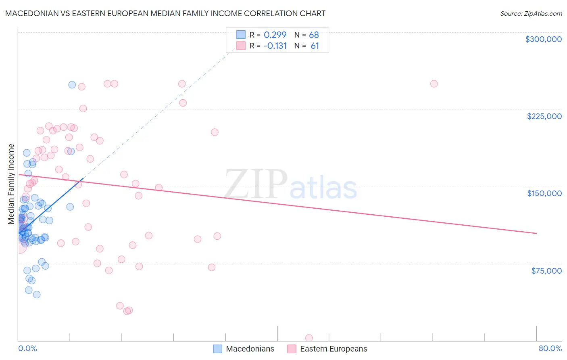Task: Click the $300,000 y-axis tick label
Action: [x=543, y=39]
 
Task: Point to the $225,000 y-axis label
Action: [x=544, y=116]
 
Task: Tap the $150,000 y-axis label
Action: [x=544, y=193]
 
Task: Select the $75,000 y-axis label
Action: [x=546, y=271]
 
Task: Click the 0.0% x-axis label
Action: [x=27, y=348]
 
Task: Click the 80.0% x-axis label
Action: [x=550, y=348]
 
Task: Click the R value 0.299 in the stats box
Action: [x=275, y=35]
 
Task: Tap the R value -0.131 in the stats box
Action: [x=275, y=46]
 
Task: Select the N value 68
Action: [x=314, y=35]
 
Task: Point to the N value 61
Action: [x=315, y=46]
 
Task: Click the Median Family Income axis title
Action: [x=11, y=184]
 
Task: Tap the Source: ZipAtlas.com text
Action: [x=531, y=14]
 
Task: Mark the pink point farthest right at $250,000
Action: [x=434, y=84]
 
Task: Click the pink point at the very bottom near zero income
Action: [x=309, y=338]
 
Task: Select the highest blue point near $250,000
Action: [x=72, y=85]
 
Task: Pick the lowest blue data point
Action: [x=37, y=295]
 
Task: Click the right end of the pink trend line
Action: [x=536, y=233]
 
